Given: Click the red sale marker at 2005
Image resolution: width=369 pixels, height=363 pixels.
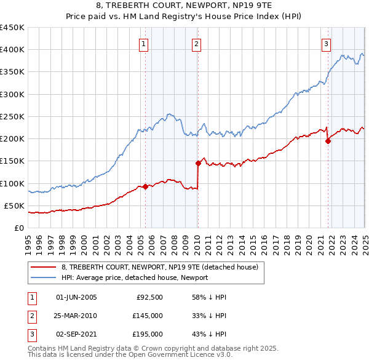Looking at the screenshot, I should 145,186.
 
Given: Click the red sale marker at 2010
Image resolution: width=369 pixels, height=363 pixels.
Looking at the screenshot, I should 199,163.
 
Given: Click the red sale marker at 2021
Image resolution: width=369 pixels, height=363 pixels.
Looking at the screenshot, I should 328,141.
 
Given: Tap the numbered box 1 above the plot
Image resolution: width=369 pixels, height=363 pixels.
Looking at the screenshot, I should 143,44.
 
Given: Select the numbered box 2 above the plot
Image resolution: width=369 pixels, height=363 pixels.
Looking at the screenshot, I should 196,44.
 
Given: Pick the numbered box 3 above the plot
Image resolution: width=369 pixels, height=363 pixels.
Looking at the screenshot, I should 325,44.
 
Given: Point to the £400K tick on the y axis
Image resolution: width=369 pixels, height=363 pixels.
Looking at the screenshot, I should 12,50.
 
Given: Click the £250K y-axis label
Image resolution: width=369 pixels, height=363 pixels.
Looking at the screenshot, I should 12,116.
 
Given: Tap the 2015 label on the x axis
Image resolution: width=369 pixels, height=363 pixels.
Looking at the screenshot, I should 253,241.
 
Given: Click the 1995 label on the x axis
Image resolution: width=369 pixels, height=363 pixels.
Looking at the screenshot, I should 28,241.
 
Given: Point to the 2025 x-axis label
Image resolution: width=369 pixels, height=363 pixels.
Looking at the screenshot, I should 365,241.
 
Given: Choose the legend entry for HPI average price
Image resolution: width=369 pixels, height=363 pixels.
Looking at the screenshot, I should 135,277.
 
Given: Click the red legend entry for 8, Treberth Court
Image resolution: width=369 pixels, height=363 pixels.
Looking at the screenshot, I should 163,267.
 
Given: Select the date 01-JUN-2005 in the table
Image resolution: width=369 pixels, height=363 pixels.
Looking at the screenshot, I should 76,297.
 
